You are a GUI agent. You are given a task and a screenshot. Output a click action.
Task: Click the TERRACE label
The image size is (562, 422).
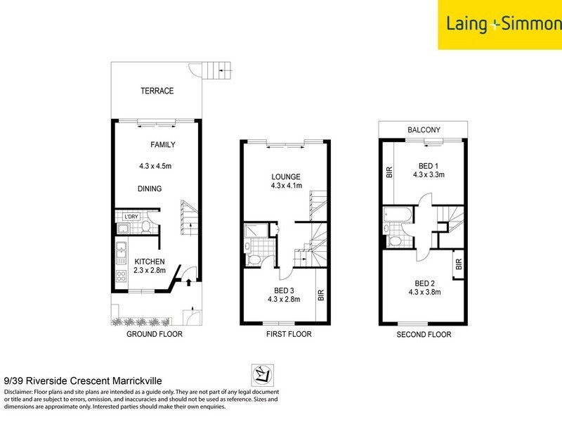[x=157, y=91]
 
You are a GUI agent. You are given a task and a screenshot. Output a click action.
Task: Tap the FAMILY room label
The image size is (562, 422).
[x=162, y=145]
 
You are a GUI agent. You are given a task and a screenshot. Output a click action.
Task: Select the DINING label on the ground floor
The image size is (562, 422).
[x=150, y=188]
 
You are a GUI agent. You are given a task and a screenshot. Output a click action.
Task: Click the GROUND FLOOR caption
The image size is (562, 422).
[x=154, y=335]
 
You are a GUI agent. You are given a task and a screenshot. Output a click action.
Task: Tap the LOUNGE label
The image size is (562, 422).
[x=287, y=177]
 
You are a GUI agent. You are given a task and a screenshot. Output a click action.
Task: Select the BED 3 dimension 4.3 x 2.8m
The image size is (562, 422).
[x=284, y=299]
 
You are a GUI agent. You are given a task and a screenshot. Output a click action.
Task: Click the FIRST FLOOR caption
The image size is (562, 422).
[x=289, y=335]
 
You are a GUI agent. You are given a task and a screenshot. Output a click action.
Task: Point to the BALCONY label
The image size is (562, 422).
[x=423, y=129]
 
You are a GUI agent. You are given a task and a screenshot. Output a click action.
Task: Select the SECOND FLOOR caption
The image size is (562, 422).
[x=424, y=335]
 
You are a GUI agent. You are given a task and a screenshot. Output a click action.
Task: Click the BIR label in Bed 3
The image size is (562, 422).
[x=321, y=295]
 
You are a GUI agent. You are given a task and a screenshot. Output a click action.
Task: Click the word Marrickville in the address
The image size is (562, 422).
[x=127, y=378]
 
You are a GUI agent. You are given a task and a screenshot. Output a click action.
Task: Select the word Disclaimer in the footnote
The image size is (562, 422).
[x=20, y=391]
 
